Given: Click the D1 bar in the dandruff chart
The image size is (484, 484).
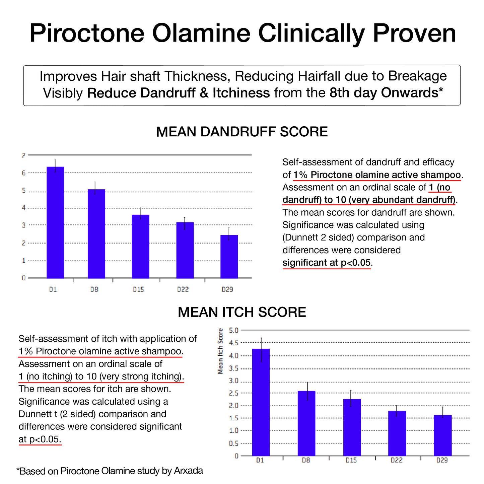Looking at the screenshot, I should [x=55, y=222].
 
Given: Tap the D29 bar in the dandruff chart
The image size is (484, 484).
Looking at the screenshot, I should [x=229, y=257].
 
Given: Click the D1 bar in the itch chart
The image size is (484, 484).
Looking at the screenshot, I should [x=261, y=402].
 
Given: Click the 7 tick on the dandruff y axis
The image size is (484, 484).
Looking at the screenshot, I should [x=23, y=155].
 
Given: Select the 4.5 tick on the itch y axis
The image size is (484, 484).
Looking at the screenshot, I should [x=233, y=343].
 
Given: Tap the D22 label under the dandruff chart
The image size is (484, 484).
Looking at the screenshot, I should [x=183, y=289].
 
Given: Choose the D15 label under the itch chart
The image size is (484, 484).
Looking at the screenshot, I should [x=351, y=461].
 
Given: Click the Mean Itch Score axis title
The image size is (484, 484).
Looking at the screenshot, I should [x=220, y=351].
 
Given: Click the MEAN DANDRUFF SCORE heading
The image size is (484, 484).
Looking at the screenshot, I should [x=242, y=132].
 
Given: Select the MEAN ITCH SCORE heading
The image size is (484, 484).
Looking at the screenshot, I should [x=242, y=312].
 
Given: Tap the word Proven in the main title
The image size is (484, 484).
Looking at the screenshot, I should [x=414, y=33].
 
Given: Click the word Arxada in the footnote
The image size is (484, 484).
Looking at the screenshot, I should [x=188, y=471].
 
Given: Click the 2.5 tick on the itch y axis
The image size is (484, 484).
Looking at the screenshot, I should [x=233, y=393].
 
